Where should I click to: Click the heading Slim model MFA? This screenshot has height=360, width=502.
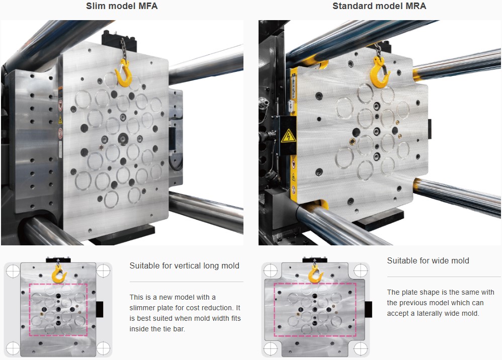(x=122, y=7)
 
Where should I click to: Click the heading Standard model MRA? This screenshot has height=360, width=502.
(x=379, y=7)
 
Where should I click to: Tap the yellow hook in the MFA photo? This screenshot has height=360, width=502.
(x=124, y=72)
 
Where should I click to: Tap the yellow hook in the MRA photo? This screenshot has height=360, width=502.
(x=380, y=73)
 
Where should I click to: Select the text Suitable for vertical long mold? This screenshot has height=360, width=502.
(x=184, y=265)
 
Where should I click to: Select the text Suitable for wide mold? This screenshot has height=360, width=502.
(x=428, y=260)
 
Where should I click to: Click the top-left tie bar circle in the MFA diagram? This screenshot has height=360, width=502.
(x=12, y=271)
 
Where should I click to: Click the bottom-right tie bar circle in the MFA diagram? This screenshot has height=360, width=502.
(x=103, y=347)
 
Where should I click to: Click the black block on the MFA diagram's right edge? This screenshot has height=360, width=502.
(x=99, y=309)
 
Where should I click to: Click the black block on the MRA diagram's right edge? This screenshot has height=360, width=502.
(x=369, y=309)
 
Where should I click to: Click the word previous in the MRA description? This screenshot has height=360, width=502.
(x=414, y=303)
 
